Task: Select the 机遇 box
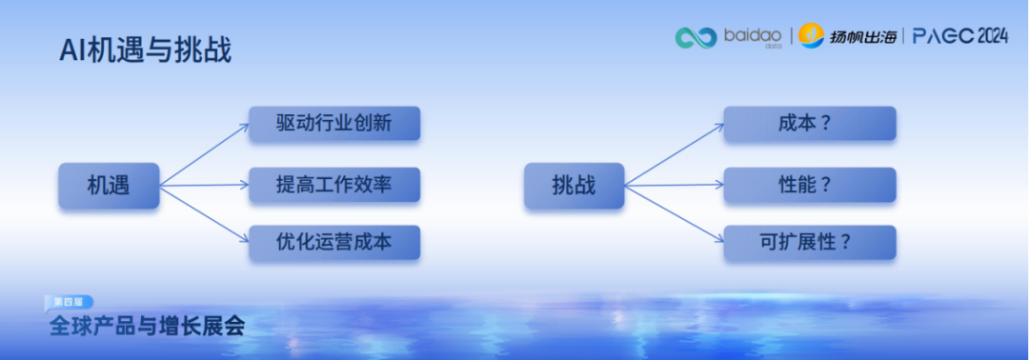pos(108,186)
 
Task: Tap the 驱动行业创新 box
pos(334,125)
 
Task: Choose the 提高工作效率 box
pos(334,185)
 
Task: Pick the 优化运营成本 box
pos(334,243)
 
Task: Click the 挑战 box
pos(574,186)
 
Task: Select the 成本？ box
pos(809,125)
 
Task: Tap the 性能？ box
pos(809,185)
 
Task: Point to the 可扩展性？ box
pos(809,243)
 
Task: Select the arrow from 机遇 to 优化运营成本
pos(204,214)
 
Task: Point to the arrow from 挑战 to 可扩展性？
pos(674,214)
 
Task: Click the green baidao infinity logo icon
pos(696,37)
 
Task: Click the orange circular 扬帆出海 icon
pos(811,35)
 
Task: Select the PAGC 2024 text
pos(959,36)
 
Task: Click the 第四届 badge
pos(68,301)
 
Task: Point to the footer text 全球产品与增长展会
pos(148,326)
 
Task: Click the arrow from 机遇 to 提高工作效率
pos(204,185)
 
